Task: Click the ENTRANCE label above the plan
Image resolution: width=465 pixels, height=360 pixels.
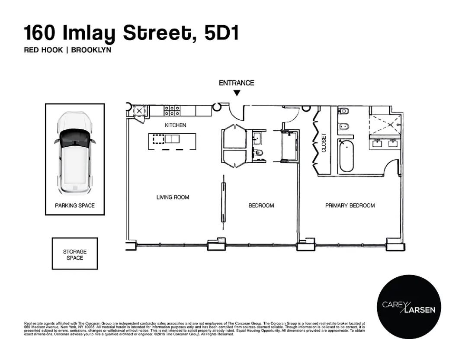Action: [236, 83]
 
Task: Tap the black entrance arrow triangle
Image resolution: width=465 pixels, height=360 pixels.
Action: [236, 93]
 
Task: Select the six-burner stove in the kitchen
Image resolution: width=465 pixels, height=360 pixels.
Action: [172, 111]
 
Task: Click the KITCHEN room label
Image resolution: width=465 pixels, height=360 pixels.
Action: [175, 125]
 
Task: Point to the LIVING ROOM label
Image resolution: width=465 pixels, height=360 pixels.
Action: [173, 197]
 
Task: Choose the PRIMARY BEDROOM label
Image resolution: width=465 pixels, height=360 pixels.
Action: [350, 206]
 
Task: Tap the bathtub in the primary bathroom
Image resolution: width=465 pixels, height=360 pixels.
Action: [346, 155]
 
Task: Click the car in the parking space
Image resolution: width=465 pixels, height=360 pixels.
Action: [74, 152]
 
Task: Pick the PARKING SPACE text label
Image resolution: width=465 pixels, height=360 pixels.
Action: [75, 206]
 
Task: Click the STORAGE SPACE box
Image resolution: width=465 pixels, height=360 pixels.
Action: [75, 254]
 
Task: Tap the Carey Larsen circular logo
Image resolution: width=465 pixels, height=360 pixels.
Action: [409, 307]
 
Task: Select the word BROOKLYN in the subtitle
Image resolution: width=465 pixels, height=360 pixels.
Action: [91, 50]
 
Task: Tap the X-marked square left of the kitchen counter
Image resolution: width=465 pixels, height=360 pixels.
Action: [139, 111]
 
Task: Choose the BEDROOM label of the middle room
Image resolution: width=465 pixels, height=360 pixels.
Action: [261, 206]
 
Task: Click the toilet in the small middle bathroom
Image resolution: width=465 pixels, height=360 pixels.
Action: [258, 152]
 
